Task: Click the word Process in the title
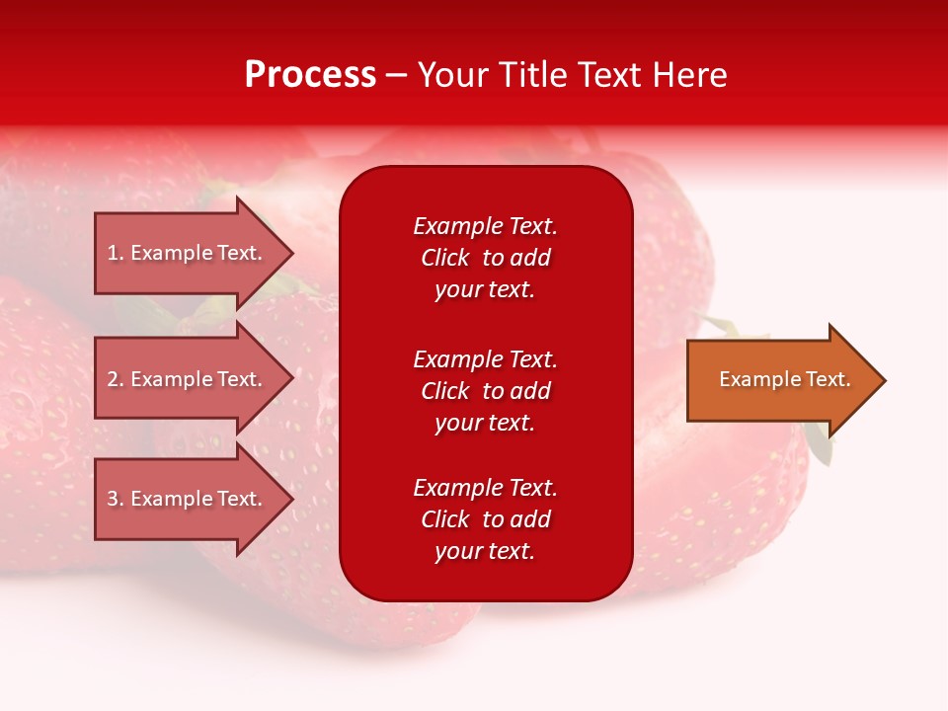point(310,75)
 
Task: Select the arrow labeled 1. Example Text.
point(188,253)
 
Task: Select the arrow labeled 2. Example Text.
point(188,379)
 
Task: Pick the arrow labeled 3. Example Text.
point(188,499)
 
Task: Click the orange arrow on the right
point(780,379)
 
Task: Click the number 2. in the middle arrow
point(116,379)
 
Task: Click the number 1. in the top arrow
point(116,253)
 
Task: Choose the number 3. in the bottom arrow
point(116,499)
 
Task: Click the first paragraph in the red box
point(485,258)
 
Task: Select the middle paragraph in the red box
point(485,391)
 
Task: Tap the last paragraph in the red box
point(485,519)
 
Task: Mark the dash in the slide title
point(396,76)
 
